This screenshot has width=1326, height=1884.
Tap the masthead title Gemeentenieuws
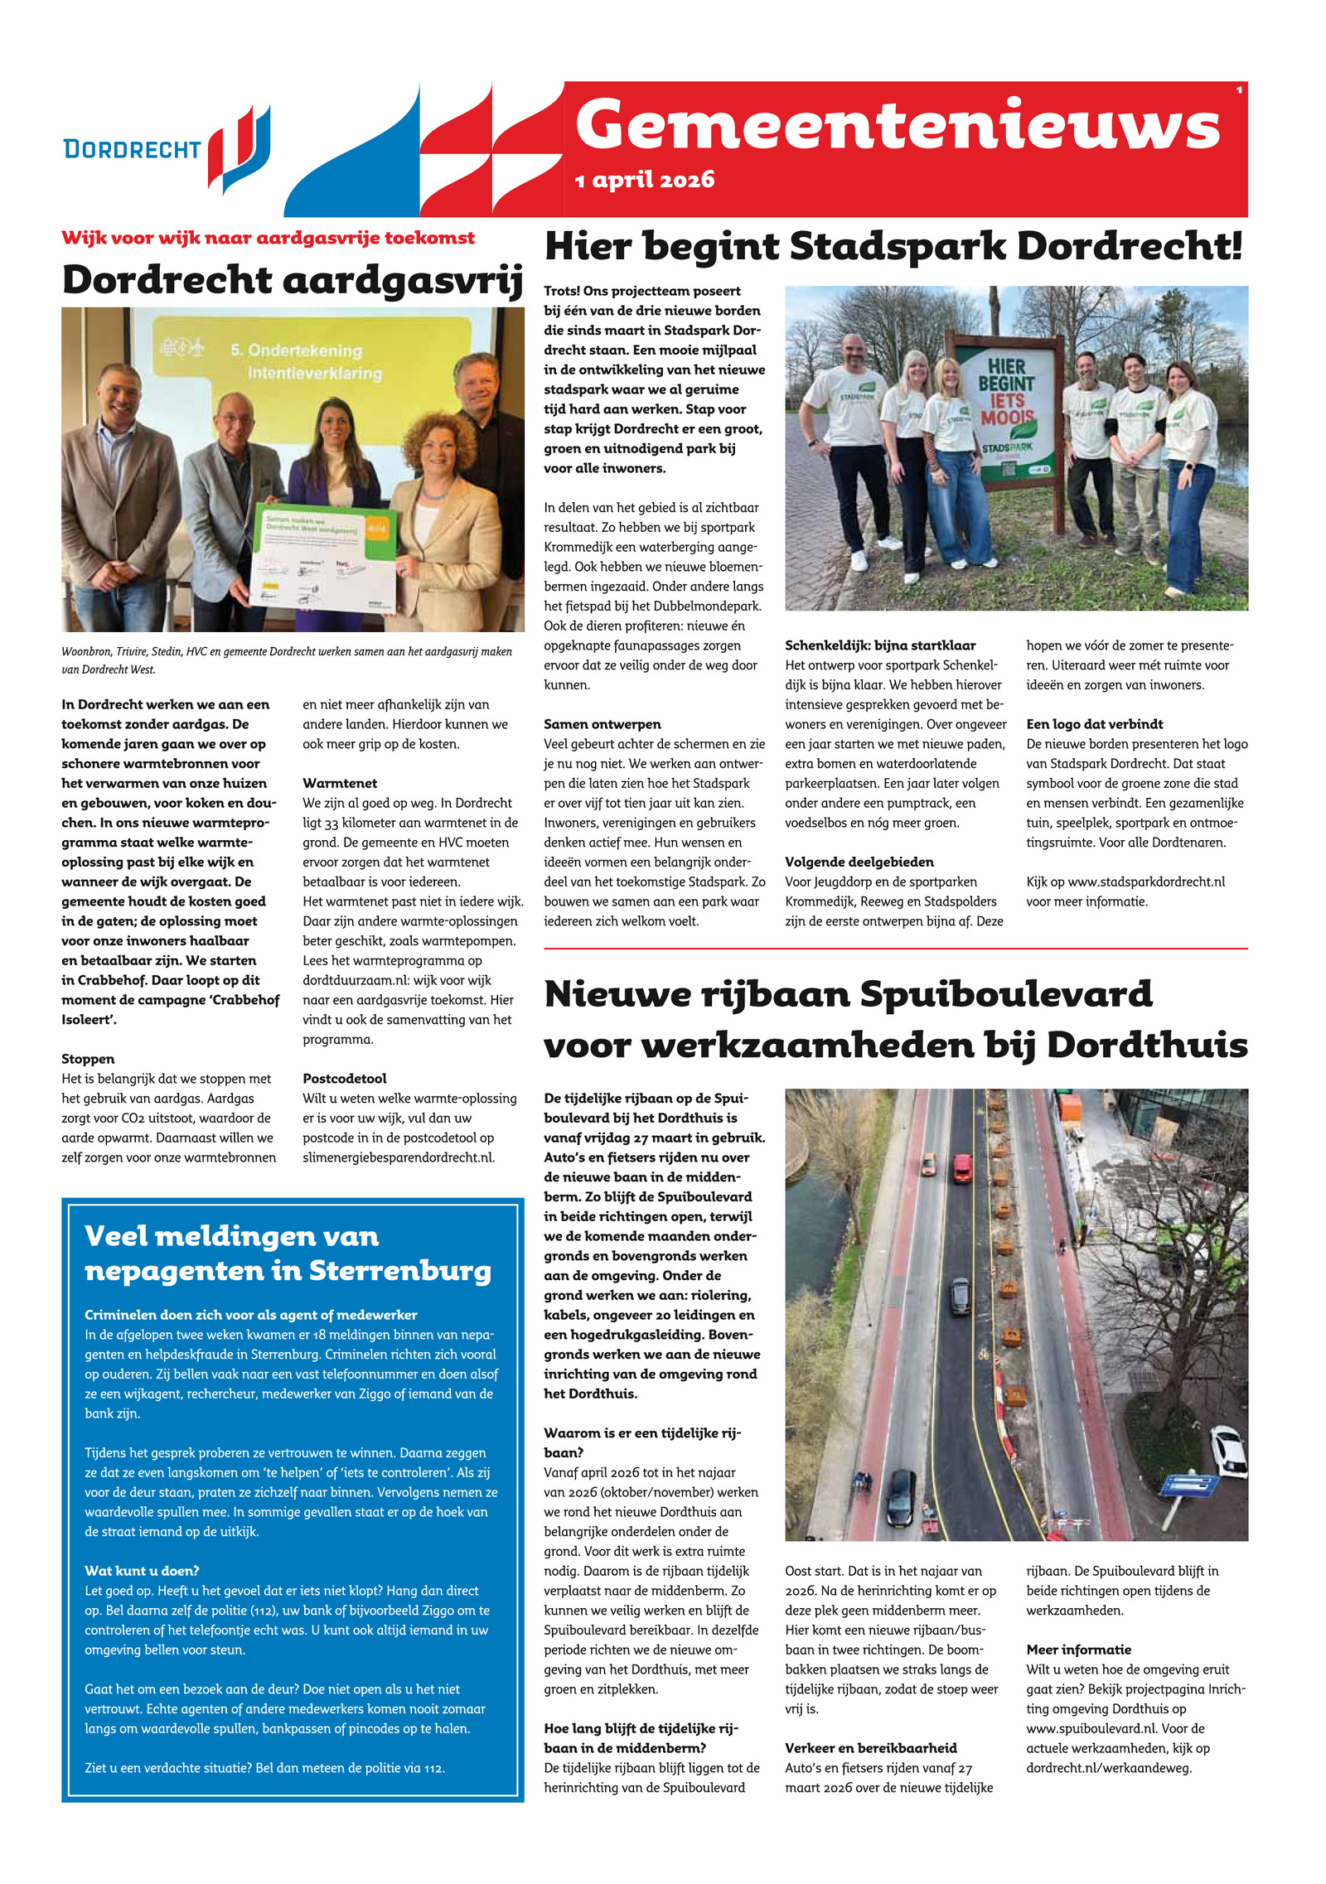[x=897, y=126]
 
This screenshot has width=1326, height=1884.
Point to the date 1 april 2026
[x=644, y=180]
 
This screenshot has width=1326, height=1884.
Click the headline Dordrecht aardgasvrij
[x=292, y=279]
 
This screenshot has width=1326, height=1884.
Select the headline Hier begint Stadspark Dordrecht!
[x=893, y=246]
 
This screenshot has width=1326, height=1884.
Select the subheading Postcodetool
[x=345, y=1079]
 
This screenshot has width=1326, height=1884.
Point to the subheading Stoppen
[x=88, y=1059]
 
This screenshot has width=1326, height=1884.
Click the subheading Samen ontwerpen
[x=602, y=724]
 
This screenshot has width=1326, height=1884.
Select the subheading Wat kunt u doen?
[x=142, y=1571]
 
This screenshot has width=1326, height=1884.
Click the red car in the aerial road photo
[x=962, y=1168]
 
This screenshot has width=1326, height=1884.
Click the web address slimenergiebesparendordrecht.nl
[x=398, y=1157]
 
